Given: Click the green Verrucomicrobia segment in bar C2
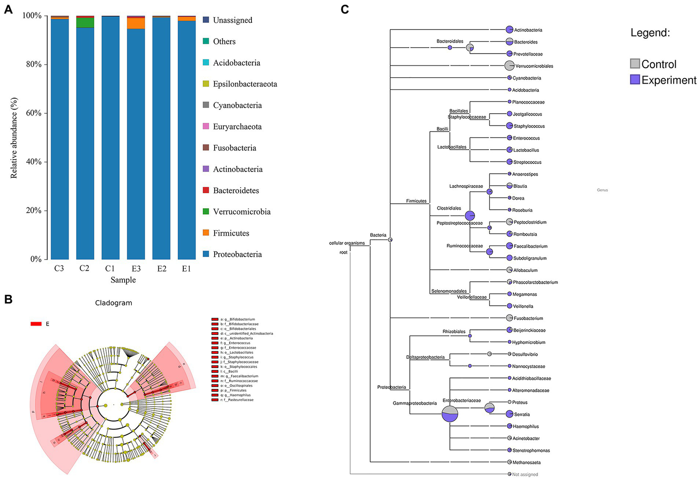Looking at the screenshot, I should point(85,23).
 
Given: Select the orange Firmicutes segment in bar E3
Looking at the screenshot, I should point(136,23).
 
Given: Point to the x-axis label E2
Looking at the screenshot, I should point(161,268).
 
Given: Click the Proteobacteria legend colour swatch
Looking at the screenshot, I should point(206,254).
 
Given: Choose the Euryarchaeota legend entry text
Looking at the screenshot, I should point(237,126).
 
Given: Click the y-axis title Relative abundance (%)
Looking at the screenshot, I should point(14,138).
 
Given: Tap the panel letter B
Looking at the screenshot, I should point(8,299).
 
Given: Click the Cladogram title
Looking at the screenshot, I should point(114,303).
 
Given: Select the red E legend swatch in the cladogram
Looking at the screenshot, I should point(36,324).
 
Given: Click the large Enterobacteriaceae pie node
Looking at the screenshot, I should point(450,414).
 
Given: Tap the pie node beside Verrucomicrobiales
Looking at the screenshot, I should point(509,65).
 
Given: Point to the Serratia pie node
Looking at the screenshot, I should point(509,414).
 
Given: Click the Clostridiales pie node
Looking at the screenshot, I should point(470,216).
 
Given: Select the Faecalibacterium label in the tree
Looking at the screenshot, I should point(530,246).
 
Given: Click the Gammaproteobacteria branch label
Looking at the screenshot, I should point(415,403).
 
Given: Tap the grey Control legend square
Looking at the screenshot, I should point(635,64).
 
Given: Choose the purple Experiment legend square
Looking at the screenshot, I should point(635,80).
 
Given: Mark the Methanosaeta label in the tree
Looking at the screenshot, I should point(527,463).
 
